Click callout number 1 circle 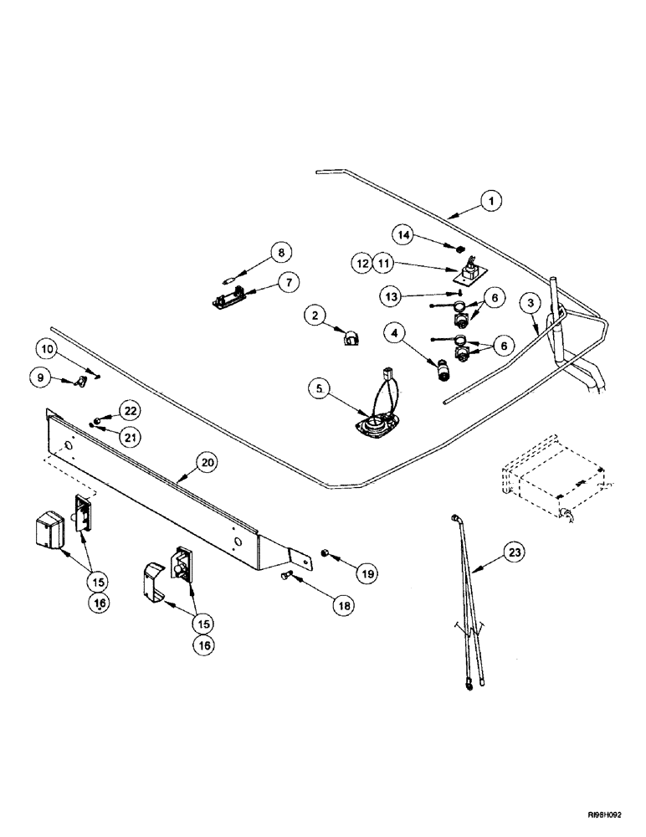(x=491, y=201)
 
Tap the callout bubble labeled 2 (x=315, y=316)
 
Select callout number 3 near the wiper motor (x=529, y=302)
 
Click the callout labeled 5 (x=317, y=388)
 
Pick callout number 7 (x=286, y=282)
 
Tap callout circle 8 (x=281, y=252)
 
